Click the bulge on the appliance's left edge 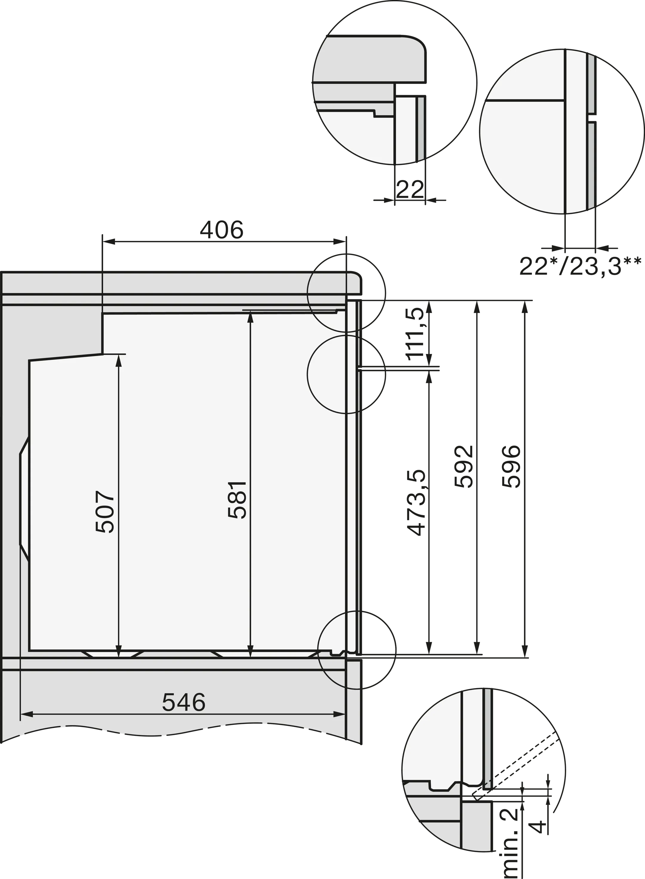coord(23,505)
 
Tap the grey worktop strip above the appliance coord(176,282)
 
